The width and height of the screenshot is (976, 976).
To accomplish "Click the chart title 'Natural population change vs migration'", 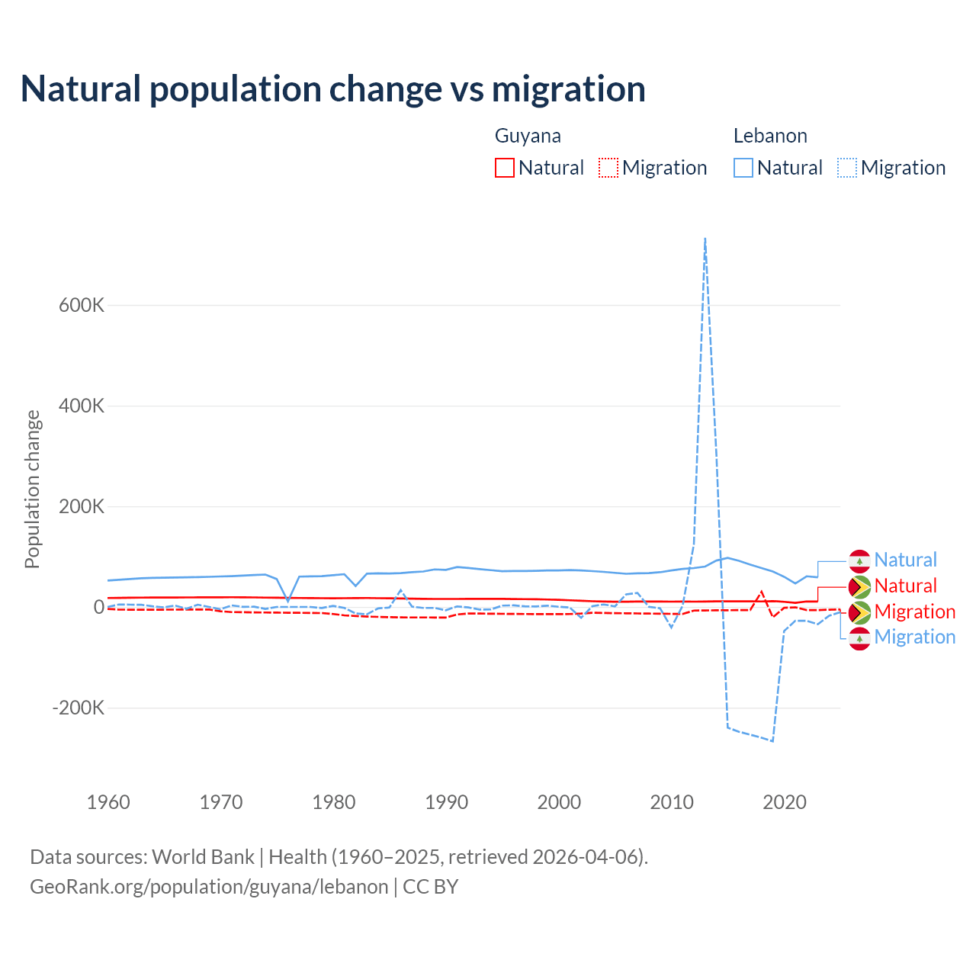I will (333, 88).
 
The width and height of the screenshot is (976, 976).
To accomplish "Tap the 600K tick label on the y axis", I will (82, 305).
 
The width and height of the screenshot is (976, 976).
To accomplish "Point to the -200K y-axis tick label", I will (78, 708).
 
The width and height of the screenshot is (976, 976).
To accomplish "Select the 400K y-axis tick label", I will (82, 406).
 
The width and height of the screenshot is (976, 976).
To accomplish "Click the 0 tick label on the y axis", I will (98, 607).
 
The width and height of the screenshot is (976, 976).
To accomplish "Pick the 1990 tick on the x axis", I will (446, 802).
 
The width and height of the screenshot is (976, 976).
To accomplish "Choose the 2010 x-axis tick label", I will (672, 802).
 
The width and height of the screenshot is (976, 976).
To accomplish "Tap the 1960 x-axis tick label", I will (108, 802).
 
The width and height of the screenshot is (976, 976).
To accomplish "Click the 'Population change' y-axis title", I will (32, 490).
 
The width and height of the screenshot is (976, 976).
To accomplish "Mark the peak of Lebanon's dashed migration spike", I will (705, 239).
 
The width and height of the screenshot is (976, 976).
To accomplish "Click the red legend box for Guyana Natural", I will (505, 168).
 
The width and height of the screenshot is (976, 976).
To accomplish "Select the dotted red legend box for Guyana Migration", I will (608, 168).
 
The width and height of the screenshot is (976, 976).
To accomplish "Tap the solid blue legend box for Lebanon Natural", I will (743, 168).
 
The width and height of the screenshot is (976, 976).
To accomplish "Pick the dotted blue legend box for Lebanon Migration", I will (847, 168).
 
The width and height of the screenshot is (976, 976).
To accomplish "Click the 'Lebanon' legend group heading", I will (770, 136).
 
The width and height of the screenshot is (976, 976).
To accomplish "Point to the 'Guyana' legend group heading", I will (528, 136).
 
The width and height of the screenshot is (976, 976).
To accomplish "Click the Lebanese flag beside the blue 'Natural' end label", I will (860, 560).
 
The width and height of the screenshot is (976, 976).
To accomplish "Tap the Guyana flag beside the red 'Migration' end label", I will (860, 612).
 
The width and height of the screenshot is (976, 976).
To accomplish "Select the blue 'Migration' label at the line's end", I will (914, 637).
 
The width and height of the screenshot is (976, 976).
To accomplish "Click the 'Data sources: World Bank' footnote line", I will (339, 856).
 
